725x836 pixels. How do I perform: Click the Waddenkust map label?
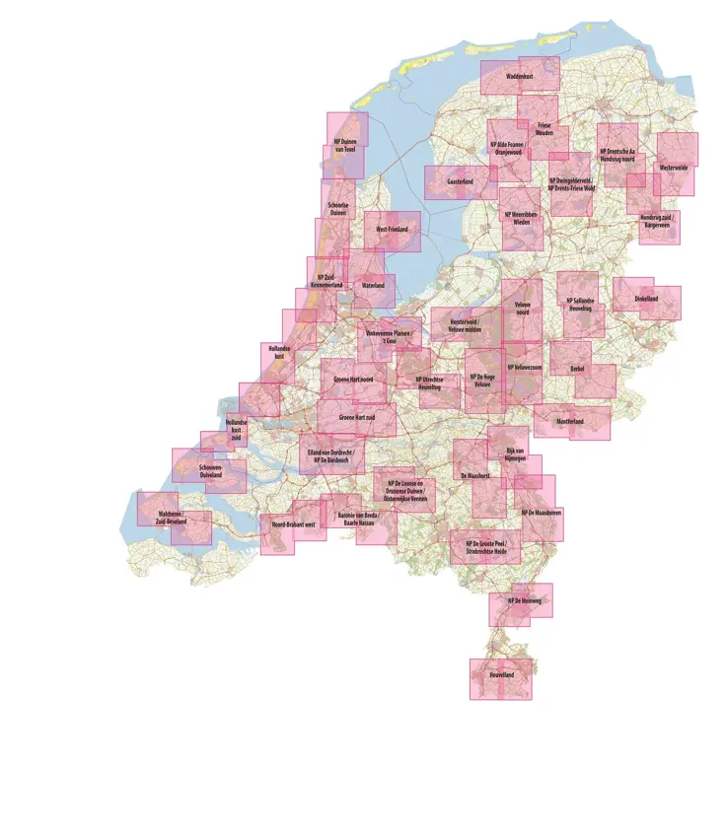pyautogui.click(x=520, y=75)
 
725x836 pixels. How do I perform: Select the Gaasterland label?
pyautogui.click(x=461, y=182)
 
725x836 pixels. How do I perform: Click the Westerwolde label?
pyautogui.click(x=675, y=168)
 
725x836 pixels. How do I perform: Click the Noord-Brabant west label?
pyautogui.click(x=293, y=525)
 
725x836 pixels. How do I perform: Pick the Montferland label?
pyautogui.click(x=570, y=422)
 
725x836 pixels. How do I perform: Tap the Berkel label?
pyautogui.click(x=577, y=369)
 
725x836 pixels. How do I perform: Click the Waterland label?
pyautogui.click(x=373, y=286)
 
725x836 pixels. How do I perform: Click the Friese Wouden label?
pyautogui.click(x=545, y=129)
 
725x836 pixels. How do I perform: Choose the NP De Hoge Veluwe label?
pyautogui.click(x=482, y=380)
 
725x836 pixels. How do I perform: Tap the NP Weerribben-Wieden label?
pyautogui.click(x=522, y=217)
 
